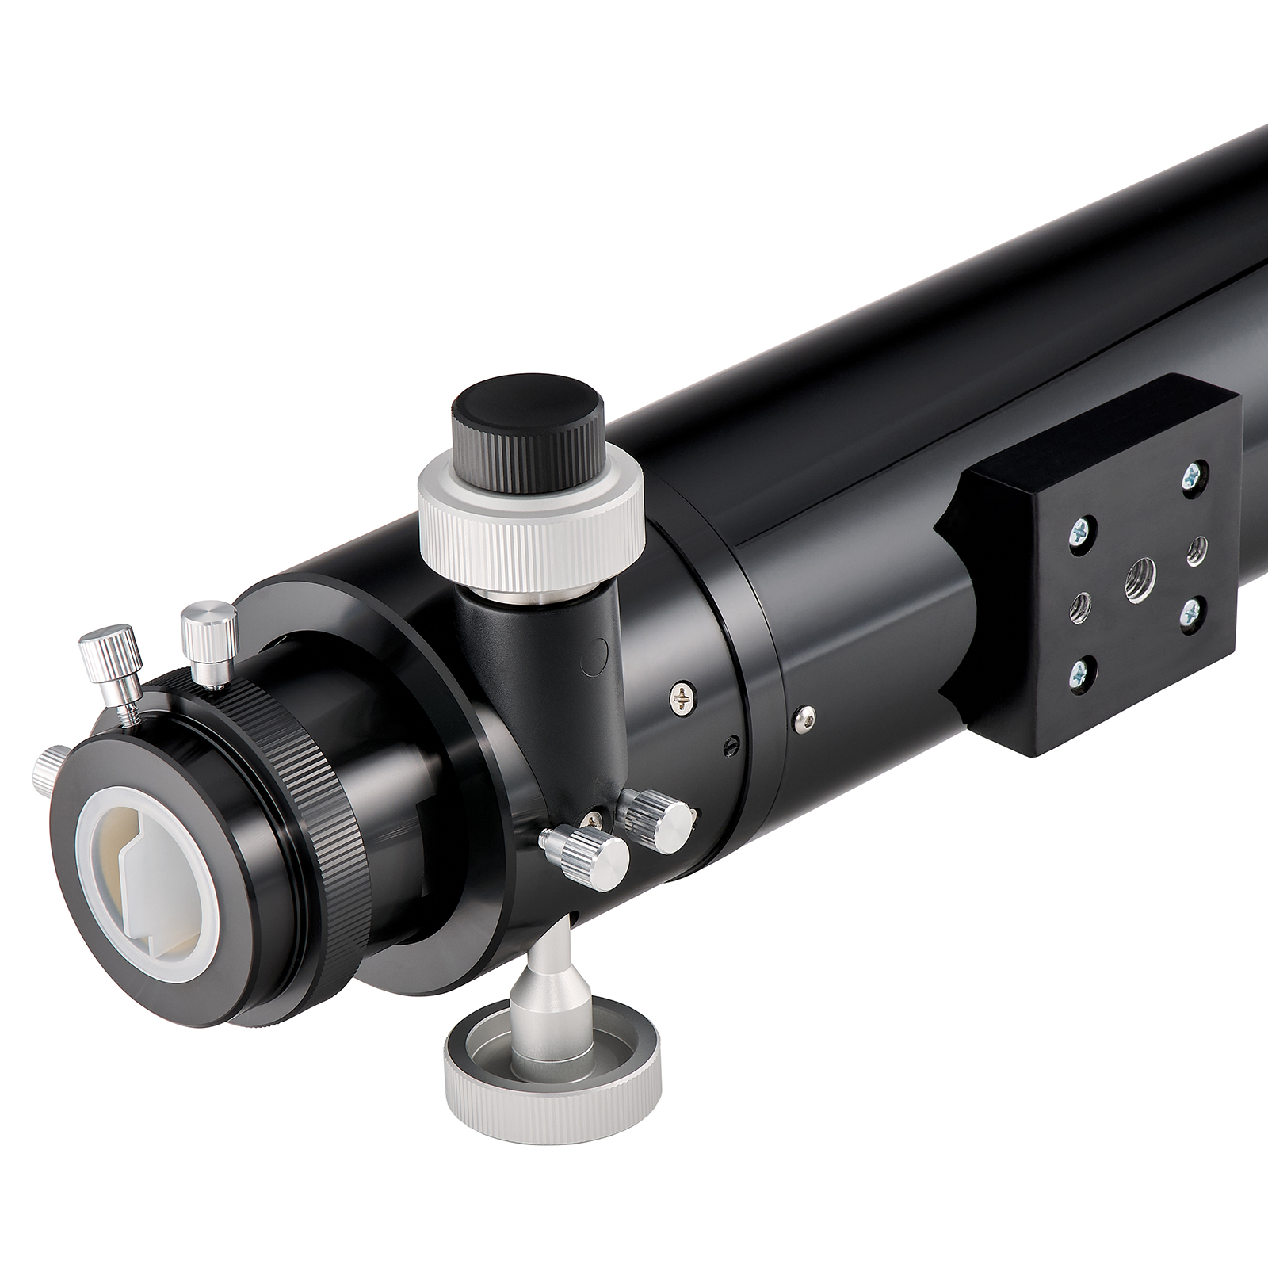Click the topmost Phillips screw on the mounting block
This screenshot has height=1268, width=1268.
[1191, 476]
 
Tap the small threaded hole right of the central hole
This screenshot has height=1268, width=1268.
[1197, 548]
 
